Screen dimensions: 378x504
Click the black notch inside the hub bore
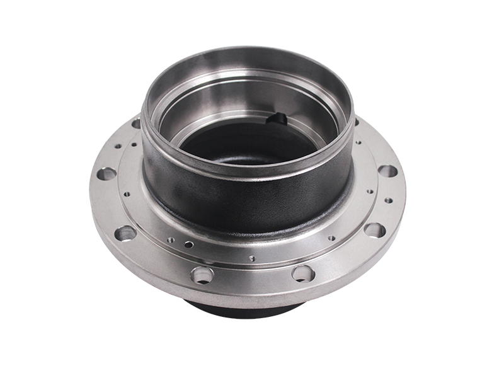(x=278, y=118)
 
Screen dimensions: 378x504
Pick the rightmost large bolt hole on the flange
(x=388, y=171)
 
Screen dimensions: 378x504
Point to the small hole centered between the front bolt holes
(x=251, y=258)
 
